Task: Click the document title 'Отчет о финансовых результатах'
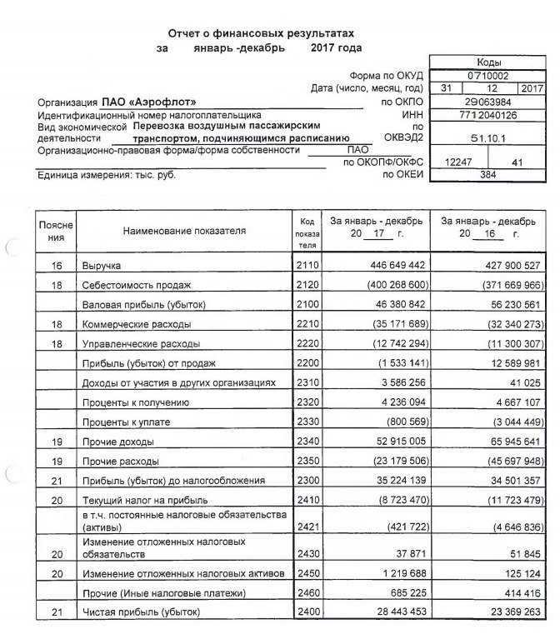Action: pos(261,32)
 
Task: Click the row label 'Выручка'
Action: pos(101,265)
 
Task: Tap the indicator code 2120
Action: pos(307,284)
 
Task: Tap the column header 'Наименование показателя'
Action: pos(184,231)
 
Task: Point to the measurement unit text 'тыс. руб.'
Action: pos(154,175)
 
